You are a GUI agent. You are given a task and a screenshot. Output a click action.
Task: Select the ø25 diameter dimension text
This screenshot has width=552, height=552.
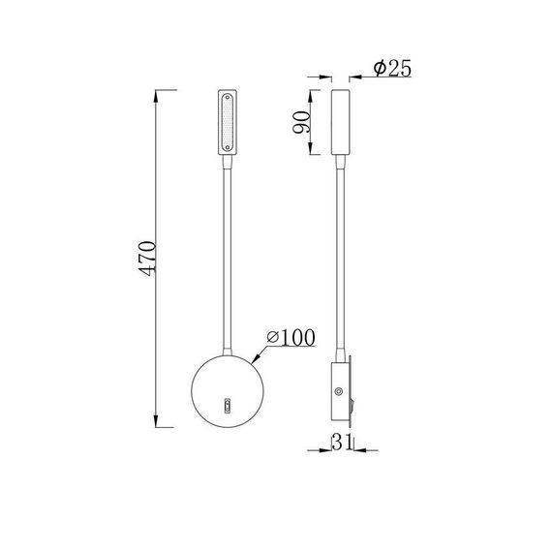point(392,69)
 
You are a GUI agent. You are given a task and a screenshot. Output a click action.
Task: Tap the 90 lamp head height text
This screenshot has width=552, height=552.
point(301,122)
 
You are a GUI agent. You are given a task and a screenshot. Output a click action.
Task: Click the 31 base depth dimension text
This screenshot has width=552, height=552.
point(340,445)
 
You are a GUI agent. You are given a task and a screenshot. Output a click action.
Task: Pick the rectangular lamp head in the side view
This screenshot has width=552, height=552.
point(339,121)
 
